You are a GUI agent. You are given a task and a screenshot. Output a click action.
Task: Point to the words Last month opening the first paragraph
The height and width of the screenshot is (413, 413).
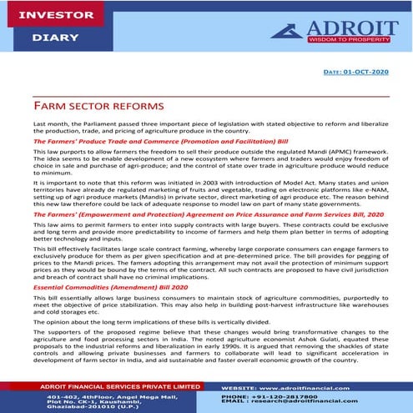48,123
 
